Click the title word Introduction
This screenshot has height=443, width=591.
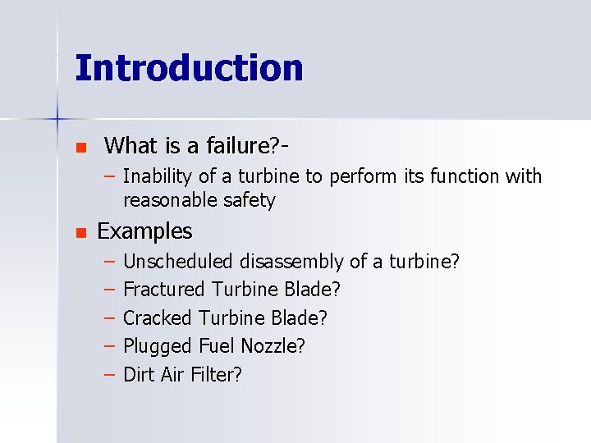pos(189,68)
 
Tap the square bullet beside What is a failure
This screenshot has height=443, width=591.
pos(80,148)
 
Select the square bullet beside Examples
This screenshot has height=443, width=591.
pos(80,234)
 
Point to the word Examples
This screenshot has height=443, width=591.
pos(144,231)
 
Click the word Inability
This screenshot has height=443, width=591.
pos(157,176)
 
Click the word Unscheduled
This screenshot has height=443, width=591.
pos(178,262)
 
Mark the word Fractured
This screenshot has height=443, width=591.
pos(164,290)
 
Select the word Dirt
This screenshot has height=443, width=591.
pos(138,375)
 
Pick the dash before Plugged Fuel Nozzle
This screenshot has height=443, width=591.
pos(110,346)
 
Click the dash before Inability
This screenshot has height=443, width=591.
pos(110,176)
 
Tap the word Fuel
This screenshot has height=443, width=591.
pos(216,346)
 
